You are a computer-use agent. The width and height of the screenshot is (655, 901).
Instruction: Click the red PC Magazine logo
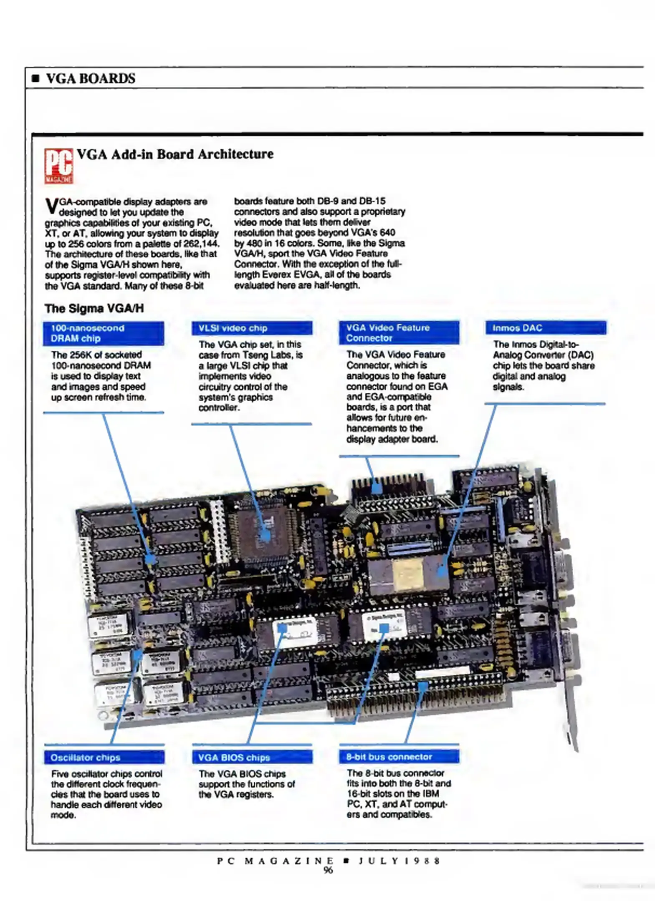click(59, 166)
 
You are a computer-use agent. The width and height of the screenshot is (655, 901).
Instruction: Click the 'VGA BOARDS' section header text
click(91, 78)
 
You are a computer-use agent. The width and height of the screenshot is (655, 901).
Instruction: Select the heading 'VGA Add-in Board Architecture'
click(175, 154)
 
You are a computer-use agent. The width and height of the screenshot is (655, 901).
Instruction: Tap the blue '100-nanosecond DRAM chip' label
click(103, 333)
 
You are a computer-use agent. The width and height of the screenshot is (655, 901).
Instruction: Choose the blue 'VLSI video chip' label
click(252, 328)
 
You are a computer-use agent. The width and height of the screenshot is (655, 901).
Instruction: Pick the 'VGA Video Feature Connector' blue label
click(399, 332)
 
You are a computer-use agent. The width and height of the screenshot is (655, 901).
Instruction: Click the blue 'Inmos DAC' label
click(545, 328)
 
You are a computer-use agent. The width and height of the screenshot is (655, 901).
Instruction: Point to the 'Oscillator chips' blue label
click(104, 757)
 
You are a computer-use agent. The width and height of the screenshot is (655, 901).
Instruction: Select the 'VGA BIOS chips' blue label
click(252, 757)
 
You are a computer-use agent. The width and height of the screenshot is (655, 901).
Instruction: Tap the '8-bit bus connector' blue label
click(399, 757)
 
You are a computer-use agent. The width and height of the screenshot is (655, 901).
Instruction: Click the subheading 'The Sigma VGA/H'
click(94, 308)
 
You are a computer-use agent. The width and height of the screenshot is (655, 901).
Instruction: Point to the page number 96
click(328, 870)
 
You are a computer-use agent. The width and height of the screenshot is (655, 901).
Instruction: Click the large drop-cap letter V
click(51, 206)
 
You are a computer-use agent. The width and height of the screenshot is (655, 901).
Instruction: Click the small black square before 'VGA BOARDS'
click(36, 78)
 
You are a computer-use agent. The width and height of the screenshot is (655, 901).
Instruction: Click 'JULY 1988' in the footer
click(400, 861)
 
